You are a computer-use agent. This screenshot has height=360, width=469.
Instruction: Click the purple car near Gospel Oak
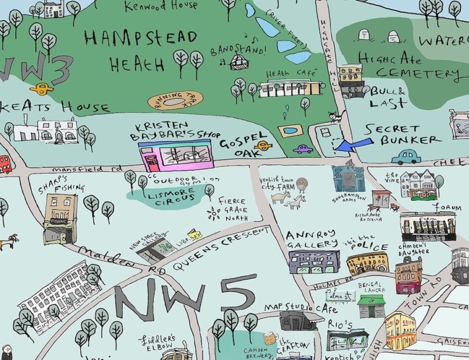(303, 149)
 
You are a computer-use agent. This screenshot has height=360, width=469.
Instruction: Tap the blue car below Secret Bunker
(406, 157)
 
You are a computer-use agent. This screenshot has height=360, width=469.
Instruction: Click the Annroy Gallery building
(314, 261)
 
